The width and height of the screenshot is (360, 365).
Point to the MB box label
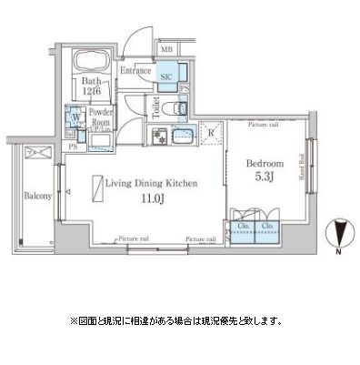coord(167,48)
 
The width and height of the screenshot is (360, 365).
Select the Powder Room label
coord(99,118)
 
